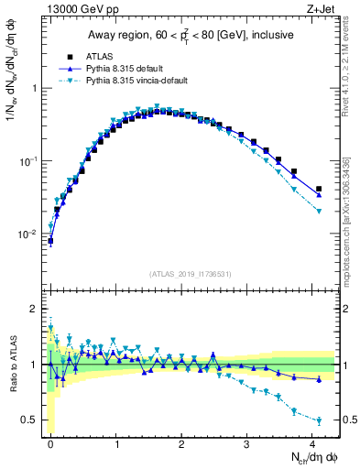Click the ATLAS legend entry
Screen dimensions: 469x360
[103, 56]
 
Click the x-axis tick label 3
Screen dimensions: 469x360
[247, 443]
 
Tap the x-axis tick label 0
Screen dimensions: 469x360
[50, 443]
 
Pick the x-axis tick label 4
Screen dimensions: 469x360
[313, 443]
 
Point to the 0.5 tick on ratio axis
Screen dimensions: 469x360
[32, 420]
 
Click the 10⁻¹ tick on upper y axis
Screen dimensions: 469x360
[28, 161]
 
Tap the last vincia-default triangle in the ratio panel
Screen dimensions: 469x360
[318, 421]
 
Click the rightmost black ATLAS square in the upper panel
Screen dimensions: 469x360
[318, 189]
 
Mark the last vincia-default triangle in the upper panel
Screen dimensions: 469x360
[318, 212]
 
